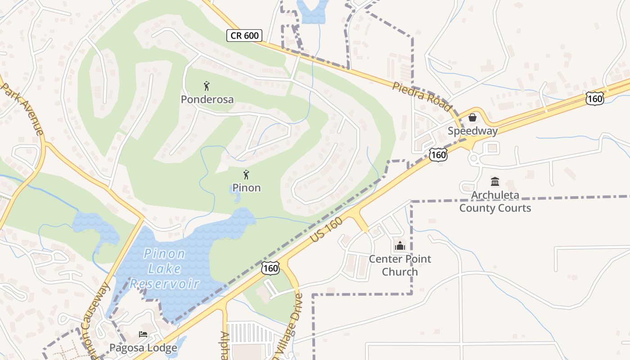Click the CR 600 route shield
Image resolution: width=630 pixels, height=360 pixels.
[x=244, y=36]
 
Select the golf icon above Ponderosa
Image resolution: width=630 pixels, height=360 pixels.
[x=207, y=85]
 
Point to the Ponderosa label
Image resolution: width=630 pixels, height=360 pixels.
[x=207, y=99]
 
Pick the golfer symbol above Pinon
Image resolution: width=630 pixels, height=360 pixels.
[x=246, y=175]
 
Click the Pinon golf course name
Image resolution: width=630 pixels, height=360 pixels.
[x=246, y=188]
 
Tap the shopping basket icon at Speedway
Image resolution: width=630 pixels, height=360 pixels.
[x=472, y=117]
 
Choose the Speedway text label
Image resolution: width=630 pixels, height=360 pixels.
[x=472, y=131]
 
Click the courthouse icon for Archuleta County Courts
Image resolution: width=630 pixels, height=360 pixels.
[x=495, y=182]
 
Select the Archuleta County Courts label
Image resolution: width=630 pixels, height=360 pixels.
[x=495, y=202]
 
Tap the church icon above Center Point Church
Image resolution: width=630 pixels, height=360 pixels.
[x=400, y=246]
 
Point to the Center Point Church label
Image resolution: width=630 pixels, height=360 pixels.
[x=400, y=265]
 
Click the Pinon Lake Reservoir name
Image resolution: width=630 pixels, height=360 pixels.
[x=165, y=269]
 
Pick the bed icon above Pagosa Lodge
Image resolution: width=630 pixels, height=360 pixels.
[x=143, y=334]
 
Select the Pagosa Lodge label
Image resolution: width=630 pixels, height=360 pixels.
[x=143, y=348]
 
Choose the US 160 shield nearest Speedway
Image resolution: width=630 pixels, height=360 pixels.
[x=438, y=155]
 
